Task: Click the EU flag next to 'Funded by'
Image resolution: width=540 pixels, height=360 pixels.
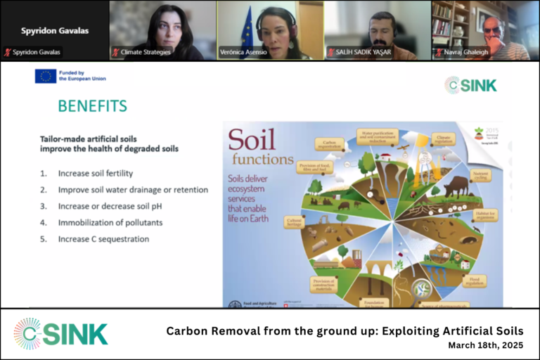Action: pyautogui.click(x=46, y=76)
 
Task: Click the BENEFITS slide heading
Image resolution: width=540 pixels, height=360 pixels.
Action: pyautogui.click(x=92, y=106)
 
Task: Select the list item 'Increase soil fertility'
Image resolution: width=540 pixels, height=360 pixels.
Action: pyautogui.click(x=96, y=173)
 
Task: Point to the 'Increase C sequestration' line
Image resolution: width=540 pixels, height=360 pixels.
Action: pyautogui.click(x=103, y=239)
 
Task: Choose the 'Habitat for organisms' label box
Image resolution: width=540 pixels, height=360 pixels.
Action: pyautogui.click(x=484, y=214)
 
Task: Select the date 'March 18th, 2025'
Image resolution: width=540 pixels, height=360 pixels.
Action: pyautogui.click(x=485, y=346)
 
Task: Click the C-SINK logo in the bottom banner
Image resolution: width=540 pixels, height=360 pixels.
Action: pyautogui.click(x=61, y=333)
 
